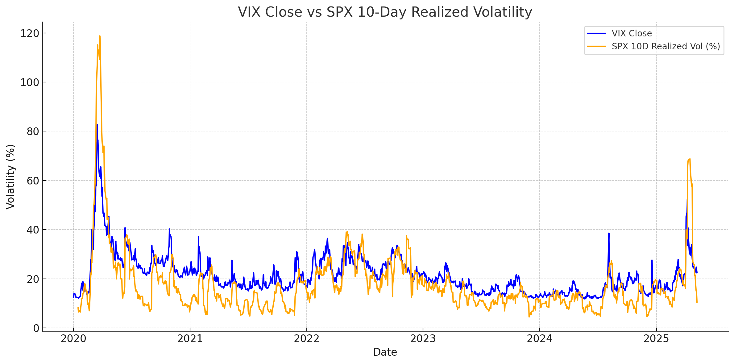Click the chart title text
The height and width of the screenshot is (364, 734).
coord(385,12)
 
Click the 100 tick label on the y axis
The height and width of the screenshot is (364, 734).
coord(30,82)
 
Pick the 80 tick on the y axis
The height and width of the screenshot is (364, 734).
coord(33,131)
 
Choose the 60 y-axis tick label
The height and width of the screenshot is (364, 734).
coord(33,180)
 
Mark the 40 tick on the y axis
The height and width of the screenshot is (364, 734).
coord(33,230)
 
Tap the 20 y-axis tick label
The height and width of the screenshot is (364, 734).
coord(33,279)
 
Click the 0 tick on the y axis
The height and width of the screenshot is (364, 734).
coord(36,328)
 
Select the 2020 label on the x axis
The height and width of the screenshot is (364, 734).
coord(73,339)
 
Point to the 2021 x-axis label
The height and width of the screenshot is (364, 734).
coord(190,339)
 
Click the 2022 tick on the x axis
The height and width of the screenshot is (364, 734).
coord(306,339)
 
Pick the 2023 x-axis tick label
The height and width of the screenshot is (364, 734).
coord(423,339)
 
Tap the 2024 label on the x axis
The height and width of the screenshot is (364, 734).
coord(539,339)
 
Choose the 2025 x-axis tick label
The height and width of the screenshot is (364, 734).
coord(656,339)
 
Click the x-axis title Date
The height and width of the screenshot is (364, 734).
coord(385,352)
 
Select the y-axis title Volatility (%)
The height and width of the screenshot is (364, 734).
coord(10,177)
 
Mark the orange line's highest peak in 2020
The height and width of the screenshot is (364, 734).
coord(100,36)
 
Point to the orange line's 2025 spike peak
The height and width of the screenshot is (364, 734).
coord(690,159)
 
